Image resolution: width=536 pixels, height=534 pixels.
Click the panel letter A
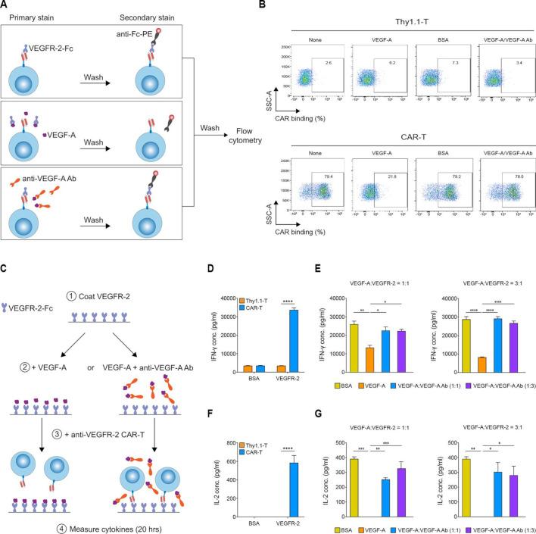[x=6, y=5]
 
